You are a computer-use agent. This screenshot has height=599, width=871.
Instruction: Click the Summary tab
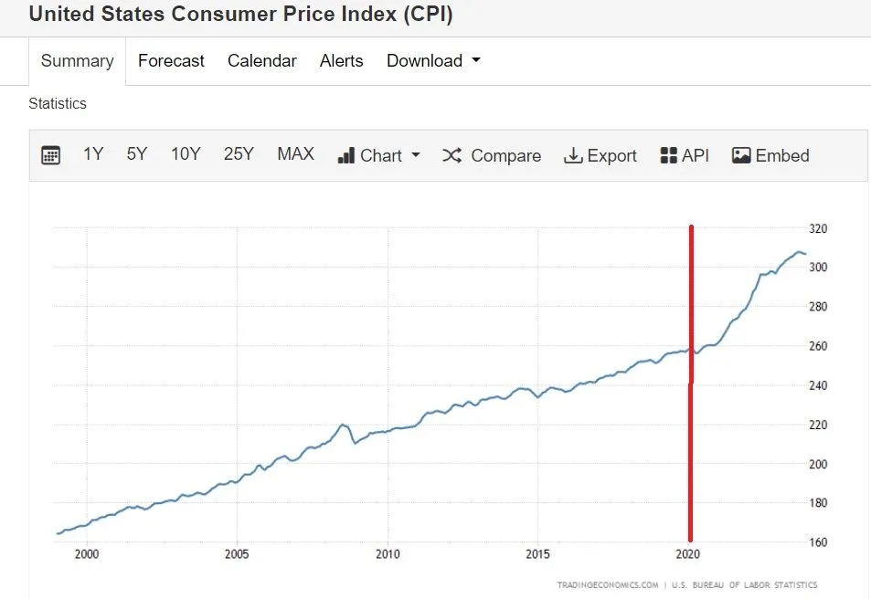click(x=77, y=61)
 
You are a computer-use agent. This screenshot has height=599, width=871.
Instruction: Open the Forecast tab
click(x=171, y=61)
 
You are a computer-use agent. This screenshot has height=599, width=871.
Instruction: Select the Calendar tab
click(x=262, y=61)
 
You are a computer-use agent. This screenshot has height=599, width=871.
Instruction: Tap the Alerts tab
click(x=342, y=61)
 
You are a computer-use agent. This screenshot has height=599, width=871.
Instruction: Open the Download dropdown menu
click(x=433, y=61)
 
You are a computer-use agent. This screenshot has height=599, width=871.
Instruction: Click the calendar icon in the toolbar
click(x=51, y=155)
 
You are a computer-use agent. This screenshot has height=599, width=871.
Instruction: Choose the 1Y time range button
click(x=93, y=154)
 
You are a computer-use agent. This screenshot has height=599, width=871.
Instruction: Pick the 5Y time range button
click(x=137, y=154)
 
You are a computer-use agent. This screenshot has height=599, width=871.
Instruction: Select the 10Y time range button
click(x=186, y=154)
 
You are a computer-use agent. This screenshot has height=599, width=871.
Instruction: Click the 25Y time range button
click(x=239, y=154)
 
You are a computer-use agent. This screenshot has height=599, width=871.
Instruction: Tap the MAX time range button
click(x=295, y=154)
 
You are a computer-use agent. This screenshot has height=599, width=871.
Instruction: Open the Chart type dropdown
click(x=379, y=155)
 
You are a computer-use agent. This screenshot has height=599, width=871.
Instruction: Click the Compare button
click(x=492, y=155)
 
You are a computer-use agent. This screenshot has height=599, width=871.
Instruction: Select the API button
click(x=685, y=155)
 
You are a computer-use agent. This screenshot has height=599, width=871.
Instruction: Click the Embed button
click(x=770, y=155)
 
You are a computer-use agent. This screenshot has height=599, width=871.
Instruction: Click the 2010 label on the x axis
click(x=388, y=554)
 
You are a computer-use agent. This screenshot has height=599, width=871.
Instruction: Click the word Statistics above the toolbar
click(x=58, y=104)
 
